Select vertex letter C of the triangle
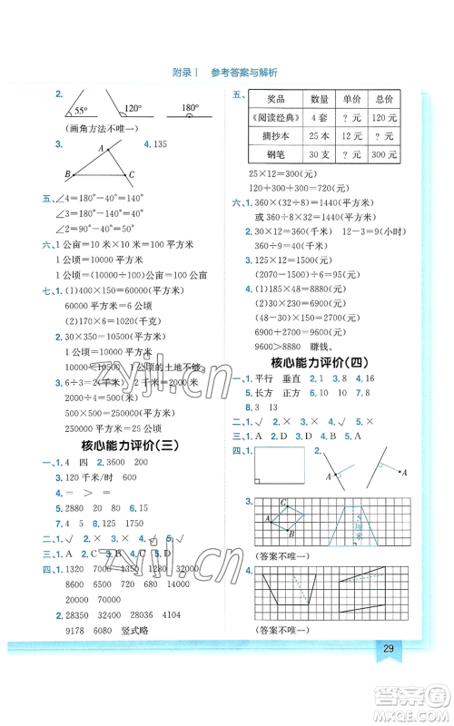pos(132,175)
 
